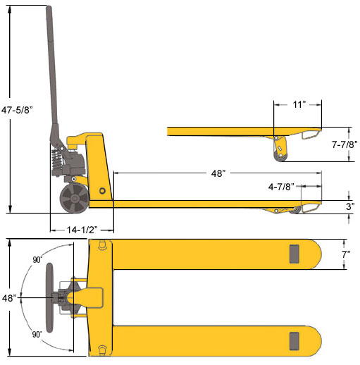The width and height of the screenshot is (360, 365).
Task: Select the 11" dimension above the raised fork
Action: pyautogui.click(x=299, y=104)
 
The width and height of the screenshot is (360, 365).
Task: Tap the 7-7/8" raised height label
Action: pyautogui.click(x=343, y=144)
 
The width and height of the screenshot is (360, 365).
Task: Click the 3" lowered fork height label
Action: pyautogui.click(x=350, y=207)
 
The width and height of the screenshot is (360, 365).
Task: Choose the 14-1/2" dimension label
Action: pyautogui.click(x=82, y=230)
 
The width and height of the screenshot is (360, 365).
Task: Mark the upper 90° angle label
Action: pyautogui.click(x=37, y=259)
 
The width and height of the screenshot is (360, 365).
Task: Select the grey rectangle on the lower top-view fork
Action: pyautogui.click(x=294, y=341)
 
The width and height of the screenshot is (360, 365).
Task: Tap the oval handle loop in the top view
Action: pyautogui.click(x=51, y=297)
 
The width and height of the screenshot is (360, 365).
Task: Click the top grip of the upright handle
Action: pyautogui.click(x=50, y=21)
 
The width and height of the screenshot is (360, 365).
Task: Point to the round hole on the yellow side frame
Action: pyautogui.click(x=103, y=191)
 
